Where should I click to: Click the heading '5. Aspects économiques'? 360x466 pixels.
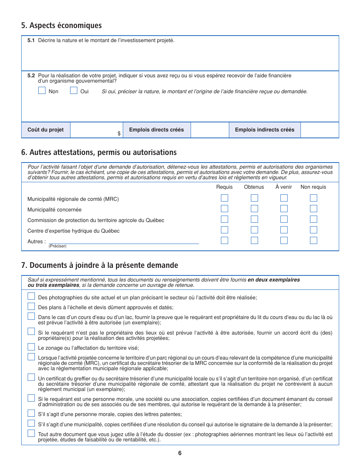click(x=61, y=25)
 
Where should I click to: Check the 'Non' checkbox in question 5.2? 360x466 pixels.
click(x=42, y=91)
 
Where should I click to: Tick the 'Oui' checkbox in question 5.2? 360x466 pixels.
click(x=74, y=91)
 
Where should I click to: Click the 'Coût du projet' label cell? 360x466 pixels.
click(x=45, y=130)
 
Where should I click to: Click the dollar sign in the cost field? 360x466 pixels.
click(x=119, y=134)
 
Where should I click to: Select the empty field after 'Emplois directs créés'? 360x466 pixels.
click(x=210, y=130)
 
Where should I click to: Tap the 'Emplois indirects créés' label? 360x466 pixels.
click(x=265, y=130)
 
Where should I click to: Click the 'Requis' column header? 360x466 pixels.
click(x=224, y=187)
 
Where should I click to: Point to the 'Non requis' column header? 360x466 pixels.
click(x=313, y=187)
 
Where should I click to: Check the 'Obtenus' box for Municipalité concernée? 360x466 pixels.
click(x=254, y=209)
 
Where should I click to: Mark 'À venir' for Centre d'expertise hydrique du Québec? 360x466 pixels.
click(x=284, y=230)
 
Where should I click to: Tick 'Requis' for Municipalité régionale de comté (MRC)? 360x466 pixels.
click(x=225, y=198)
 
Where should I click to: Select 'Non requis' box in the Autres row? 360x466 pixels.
click(x=313, y=241)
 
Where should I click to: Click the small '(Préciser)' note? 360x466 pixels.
click(x=57, y=246)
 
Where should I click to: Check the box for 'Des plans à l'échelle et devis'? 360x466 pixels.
click(x=31, y=306)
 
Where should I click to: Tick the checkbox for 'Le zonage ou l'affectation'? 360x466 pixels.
click(x=31, y=347)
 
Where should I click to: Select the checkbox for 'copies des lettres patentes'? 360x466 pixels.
click(x=31, y=413)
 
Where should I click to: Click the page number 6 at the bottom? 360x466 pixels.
click(x=180, y=453)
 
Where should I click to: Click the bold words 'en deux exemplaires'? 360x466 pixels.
click(x=274, y=280)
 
